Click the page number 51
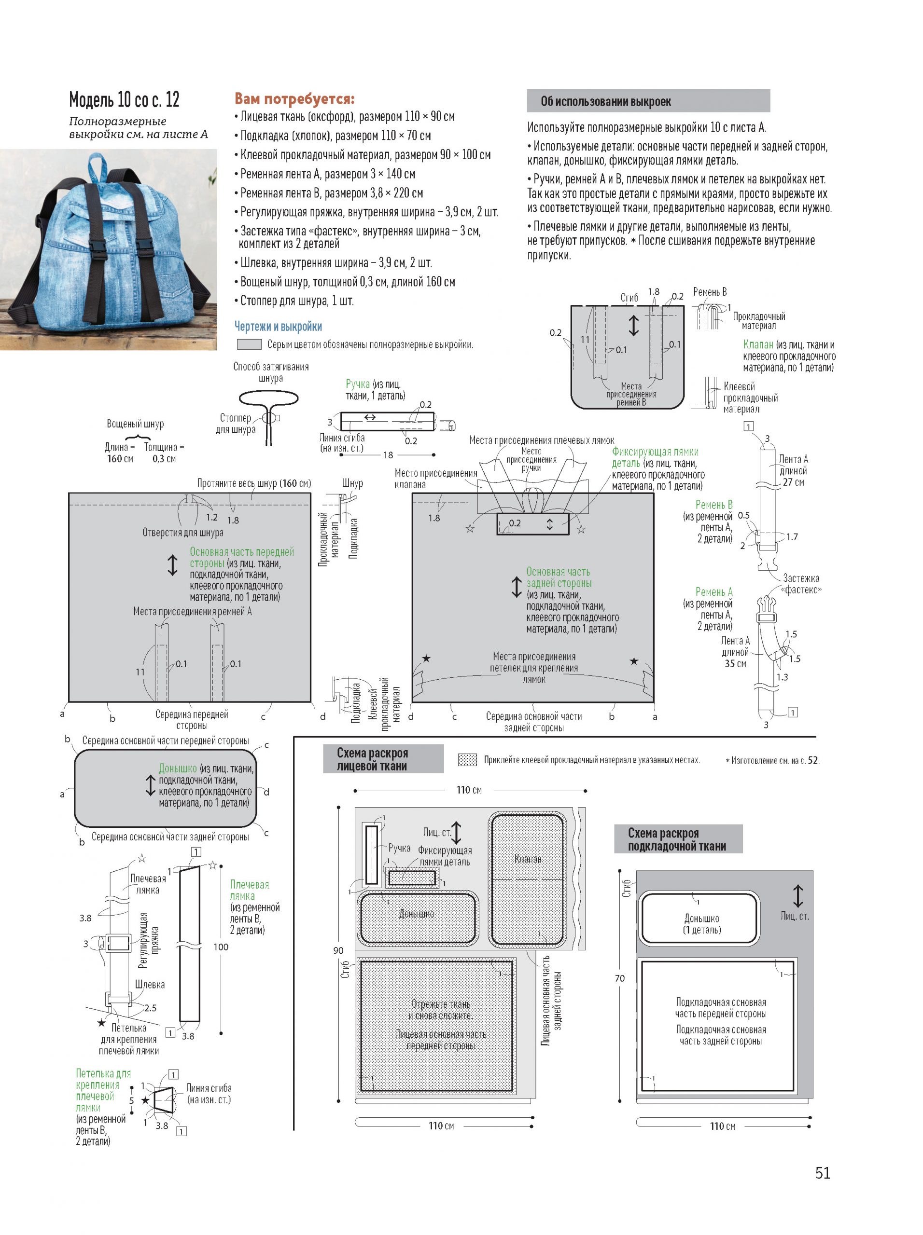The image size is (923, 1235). point(823,1173)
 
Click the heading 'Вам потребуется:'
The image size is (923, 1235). point(294,99)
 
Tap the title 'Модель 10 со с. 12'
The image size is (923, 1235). point(124,99)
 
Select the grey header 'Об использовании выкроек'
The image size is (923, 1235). point(648,101)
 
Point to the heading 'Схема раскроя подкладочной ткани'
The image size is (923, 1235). point(677,839)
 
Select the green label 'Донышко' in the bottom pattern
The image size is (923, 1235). point(178,768)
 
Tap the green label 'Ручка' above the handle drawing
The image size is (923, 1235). point(358,384)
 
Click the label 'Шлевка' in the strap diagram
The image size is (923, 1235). point(150,984)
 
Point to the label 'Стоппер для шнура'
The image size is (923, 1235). point(235,424)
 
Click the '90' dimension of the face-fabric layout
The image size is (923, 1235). point(338,950)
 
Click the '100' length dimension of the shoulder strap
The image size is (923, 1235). point(221,947)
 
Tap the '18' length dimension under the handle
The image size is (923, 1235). point(388,455)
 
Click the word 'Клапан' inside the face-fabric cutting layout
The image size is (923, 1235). point(528,859)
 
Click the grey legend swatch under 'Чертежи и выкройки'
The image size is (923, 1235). point(249,344)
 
